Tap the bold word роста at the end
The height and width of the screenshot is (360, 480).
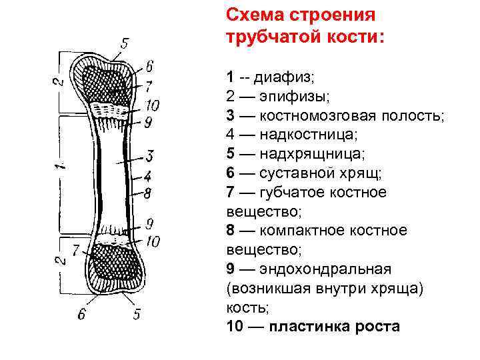[376, 327]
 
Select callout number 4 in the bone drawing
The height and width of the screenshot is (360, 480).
[149, 177]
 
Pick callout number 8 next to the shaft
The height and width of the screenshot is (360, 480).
[149, 194]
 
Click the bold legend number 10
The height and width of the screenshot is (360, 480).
[234, 327]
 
